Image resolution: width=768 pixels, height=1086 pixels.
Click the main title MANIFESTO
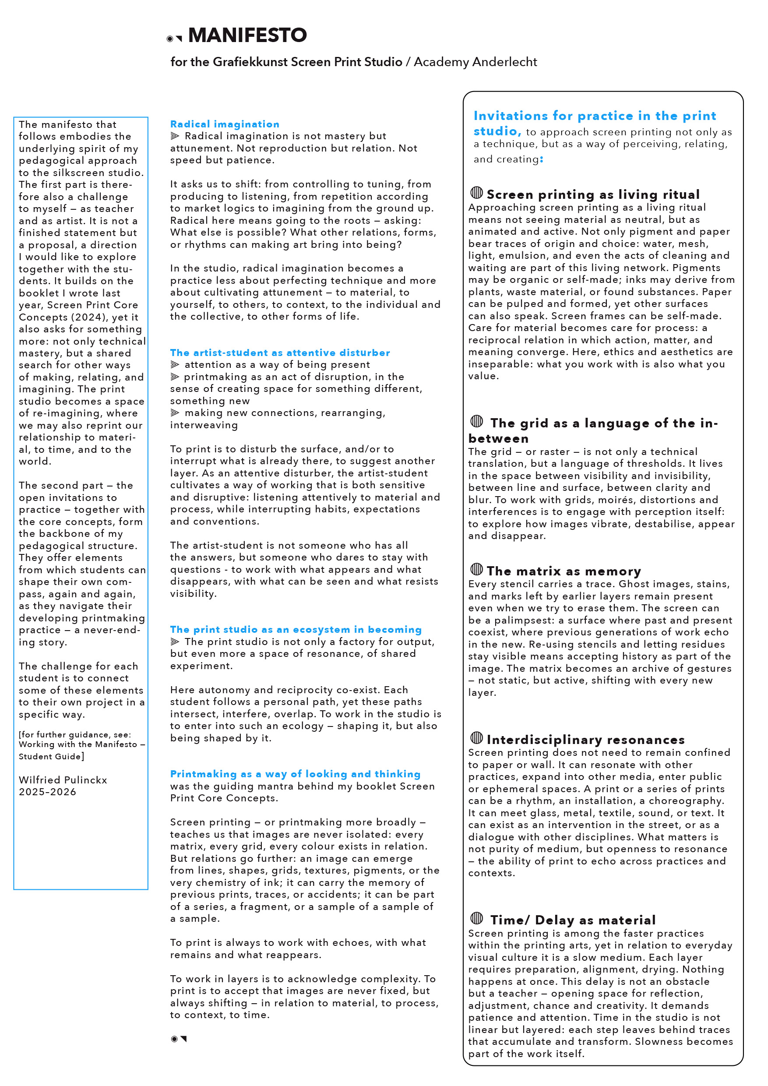(x=247, y=35)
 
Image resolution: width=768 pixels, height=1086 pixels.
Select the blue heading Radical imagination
(x=225, y=124)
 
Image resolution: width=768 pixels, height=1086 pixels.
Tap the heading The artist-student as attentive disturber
(x=280, y=353)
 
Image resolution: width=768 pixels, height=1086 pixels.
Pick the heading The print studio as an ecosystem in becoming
(x=296, y=630)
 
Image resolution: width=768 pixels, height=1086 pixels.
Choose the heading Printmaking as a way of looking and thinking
(x=295, y=774)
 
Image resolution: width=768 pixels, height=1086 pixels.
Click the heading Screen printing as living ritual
(x=593, y=194)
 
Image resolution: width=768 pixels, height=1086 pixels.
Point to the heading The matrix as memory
(x=564, y=571)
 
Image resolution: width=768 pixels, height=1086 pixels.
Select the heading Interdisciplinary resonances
(x=585, y=740)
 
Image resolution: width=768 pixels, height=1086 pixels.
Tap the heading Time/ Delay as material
(x=573, y=920)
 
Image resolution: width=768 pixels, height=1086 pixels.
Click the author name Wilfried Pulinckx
(x=63, y=780)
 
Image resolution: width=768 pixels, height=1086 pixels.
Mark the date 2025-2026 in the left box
(x=47, y=792)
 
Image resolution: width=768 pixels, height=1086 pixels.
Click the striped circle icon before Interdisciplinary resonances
(x=477, y=737)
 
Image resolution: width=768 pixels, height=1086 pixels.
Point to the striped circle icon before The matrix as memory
(x=477, y=569)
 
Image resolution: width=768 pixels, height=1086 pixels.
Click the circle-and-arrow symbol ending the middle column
(x=178, y=1039)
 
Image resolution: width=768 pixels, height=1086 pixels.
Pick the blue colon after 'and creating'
(x=542, y=160)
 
